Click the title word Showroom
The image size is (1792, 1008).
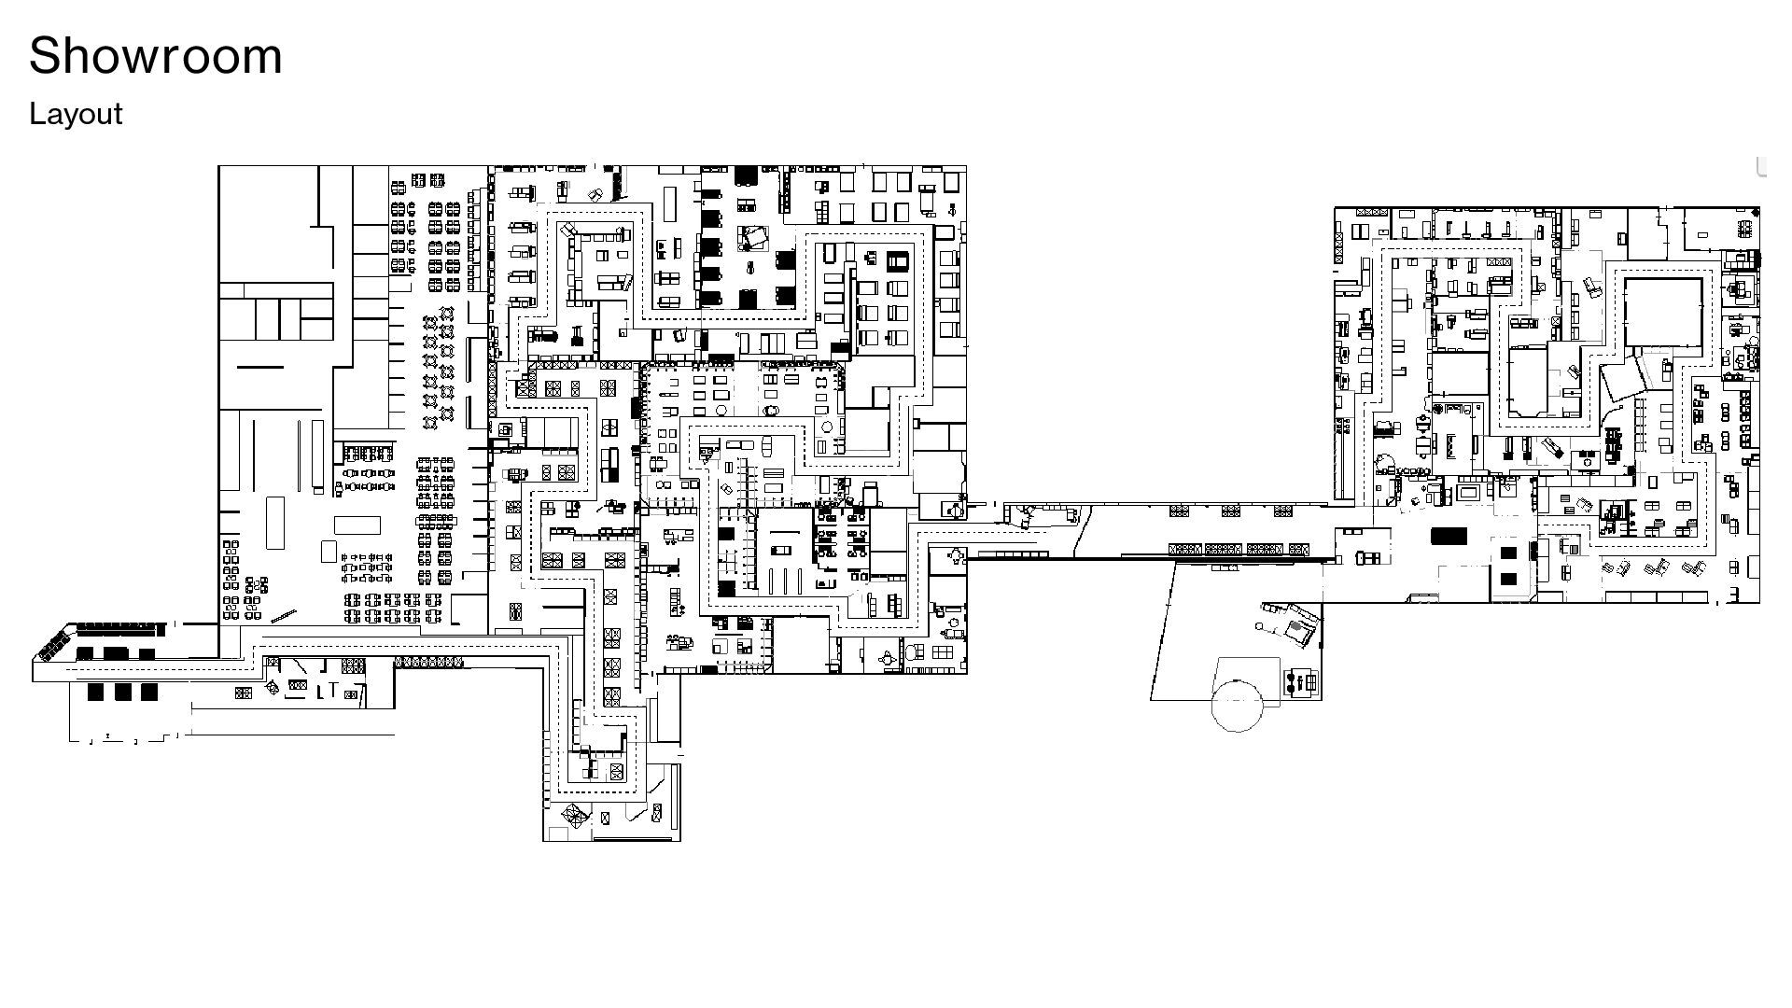pos(156,55)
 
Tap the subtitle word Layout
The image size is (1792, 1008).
pos(76,114)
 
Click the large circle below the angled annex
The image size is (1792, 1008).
pos(1237,705)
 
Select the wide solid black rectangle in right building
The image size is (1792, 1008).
pos(1449,536)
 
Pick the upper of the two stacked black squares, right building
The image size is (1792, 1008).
pos(1508,553)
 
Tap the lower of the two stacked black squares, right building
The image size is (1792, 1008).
pos(1508,580)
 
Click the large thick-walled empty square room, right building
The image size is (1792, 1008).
pos(1663,313)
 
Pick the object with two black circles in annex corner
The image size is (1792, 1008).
pos(1297,684)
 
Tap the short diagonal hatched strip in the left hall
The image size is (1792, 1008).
pos(284,616)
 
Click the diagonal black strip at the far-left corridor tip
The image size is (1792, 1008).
pos(55,643)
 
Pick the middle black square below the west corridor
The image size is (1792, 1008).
pos(122,692)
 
